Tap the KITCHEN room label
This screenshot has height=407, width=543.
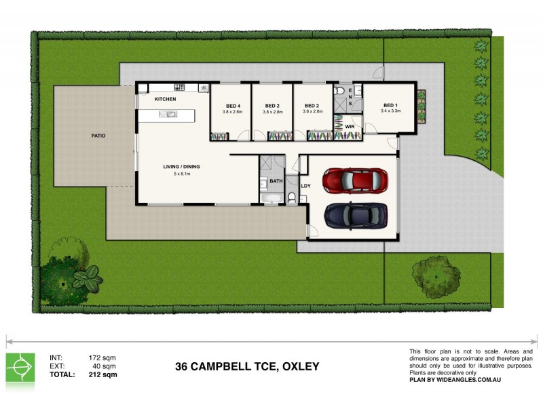pos(166,100)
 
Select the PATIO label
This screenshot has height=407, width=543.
pos(98,136)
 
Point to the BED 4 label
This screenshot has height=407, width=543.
pos(233,105)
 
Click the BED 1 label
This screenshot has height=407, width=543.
pos(390,105)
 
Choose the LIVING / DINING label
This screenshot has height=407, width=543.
pos(181,166)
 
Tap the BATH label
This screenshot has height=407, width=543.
pos(276,181)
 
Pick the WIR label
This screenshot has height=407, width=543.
pos(350,126)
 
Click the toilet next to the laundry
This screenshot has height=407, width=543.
pos(292,197)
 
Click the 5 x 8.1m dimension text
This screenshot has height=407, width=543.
pos(182,174)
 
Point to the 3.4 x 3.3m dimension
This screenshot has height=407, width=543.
pos(392,111)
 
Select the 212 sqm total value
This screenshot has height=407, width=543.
pos(104,374)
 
